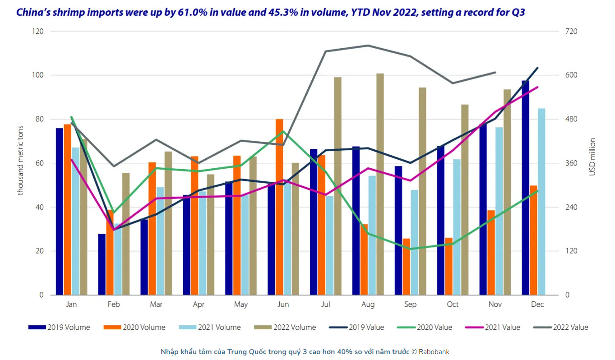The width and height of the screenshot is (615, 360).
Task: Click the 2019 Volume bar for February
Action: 102,264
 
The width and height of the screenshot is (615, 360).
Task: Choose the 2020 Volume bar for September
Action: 407,267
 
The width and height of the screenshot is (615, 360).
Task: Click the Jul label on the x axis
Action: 325,305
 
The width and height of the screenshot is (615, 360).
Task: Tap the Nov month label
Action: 495,305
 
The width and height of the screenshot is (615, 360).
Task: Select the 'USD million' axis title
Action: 593,157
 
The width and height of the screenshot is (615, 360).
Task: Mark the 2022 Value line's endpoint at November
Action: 495,72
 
